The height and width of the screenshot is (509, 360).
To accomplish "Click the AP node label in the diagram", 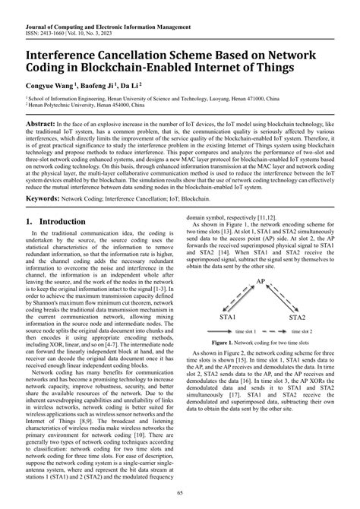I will tap(261, 282).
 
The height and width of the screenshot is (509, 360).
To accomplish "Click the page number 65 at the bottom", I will tap(180, 494).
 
